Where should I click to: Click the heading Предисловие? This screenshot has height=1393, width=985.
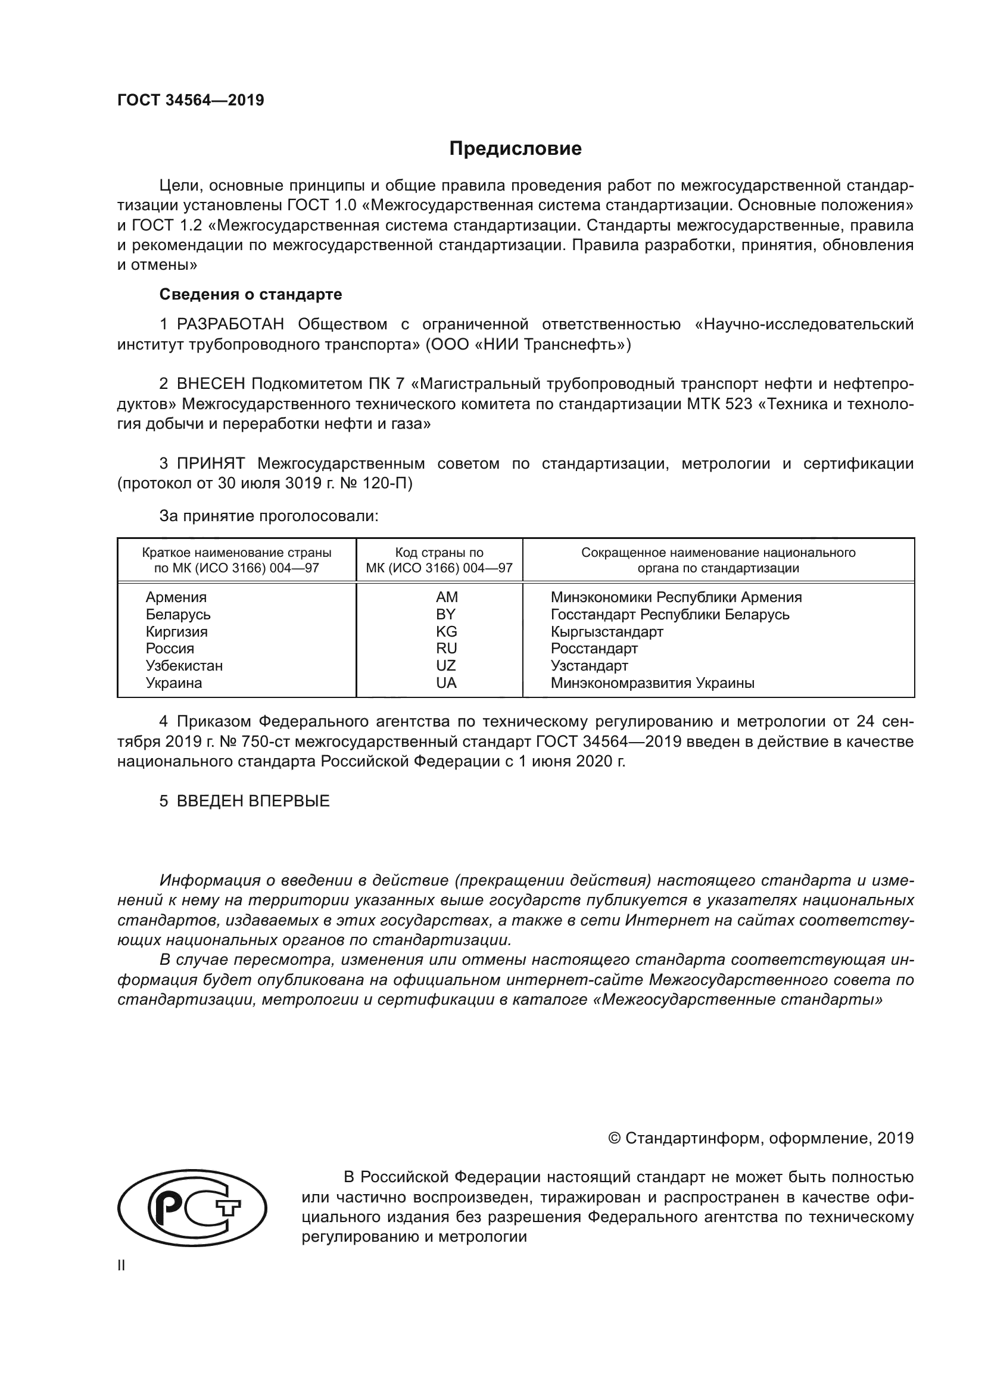[515, 149]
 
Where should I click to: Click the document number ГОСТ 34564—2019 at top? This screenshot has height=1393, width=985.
[191, 100]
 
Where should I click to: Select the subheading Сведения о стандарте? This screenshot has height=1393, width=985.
[251, 294]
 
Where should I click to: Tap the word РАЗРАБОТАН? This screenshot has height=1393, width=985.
[230, 324]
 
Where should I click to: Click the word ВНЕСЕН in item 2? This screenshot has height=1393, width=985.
[210, 384]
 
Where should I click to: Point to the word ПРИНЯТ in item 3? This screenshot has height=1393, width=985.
[210, 463]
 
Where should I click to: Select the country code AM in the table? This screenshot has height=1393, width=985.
[447, 597]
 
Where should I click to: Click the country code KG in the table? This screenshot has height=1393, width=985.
[447, 631]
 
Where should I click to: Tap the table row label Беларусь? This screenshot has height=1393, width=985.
[177, 615]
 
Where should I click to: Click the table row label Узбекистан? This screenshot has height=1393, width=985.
[184, 666]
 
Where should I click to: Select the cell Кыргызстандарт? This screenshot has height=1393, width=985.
[606, 631]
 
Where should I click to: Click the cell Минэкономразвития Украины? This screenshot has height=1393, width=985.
[652, 683]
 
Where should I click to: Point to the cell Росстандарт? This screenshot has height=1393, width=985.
[594, 649]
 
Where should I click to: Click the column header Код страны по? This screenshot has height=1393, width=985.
[439, 553]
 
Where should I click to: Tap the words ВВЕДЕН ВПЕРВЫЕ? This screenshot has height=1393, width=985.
[253, 801]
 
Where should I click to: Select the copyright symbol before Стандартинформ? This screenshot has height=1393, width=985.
[614, 1139]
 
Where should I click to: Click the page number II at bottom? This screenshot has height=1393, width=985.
[121, 1266]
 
